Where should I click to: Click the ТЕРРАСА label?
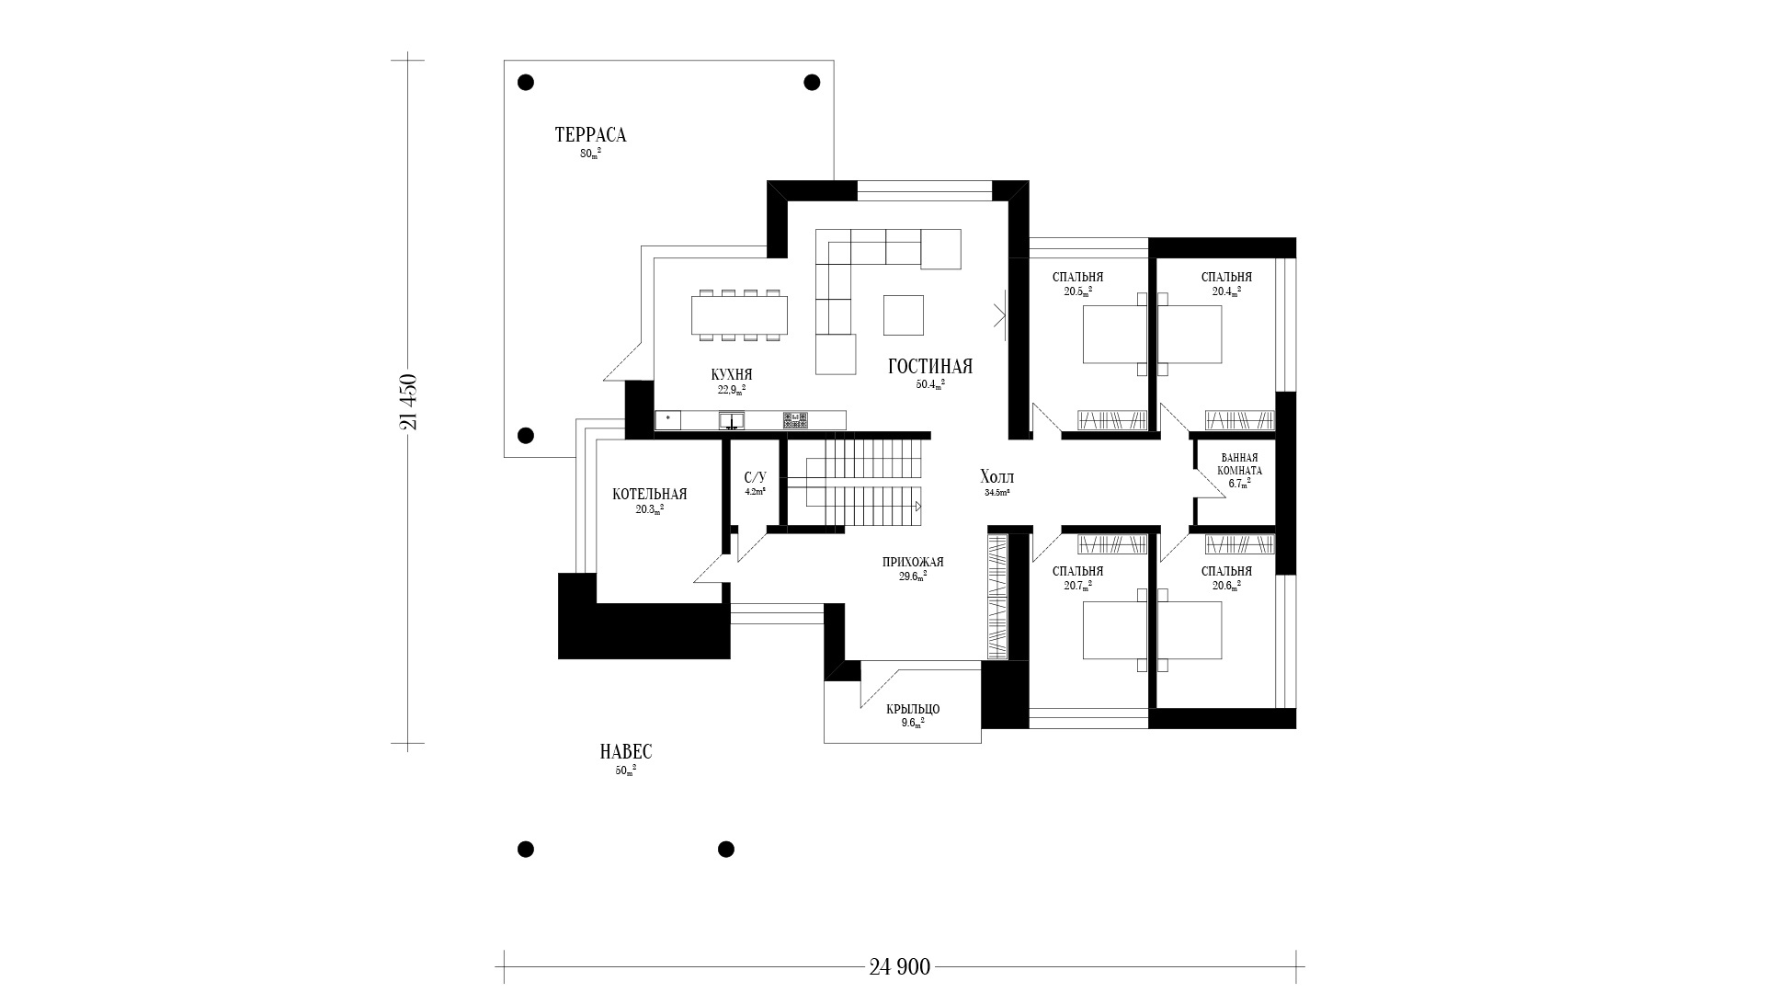[x=590, y=135]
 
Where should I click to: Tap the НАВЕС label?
[x=625, y=752]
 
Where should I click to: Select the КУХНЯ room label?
[x=732, y=374]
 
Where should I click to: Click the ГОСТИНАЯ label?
[x=929, y=366]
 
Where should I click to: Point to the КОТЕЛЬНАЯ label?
[x=649, y=494]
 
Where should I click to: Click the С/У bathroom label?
[x=755, y=477]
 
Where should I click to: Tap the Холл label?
[x=996, y=477]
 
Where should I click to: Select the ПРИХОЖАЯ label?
[x=913, y=562]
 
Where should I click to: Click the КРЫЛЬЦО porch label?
[x=913, y=709]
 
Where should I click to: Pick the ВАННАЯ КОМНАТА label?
[x=1240, y=463]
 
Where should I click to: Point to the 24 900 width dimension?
[x=899, y=966]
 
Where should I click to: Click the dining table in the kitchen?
[x=740, y=314]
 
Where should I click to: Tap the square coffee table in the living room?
[x=904, y=314]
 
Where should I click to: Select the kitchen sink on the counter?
[x=732, y=420]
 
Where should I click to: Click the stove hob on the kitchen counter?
[x=795, y=420]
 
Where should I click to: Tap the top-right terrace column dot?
[x=812, y=83]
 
